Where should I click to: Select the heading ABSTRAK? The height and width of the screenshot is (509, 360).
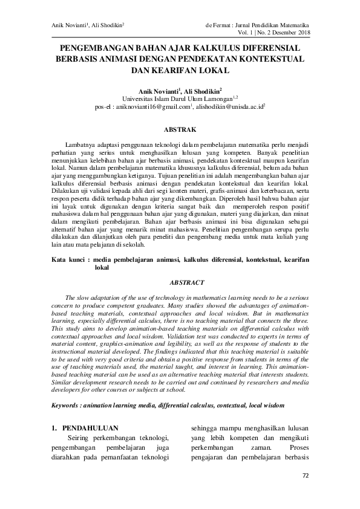[180, 129]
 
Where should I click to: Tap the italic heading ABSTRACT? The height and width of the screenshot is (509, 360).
[180, 282]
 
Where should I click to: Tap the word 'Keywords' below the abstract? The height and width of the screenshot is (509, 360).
[68, 404]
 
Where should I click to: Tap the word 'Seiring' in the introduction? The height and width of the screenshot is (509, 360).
[81, 438]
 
